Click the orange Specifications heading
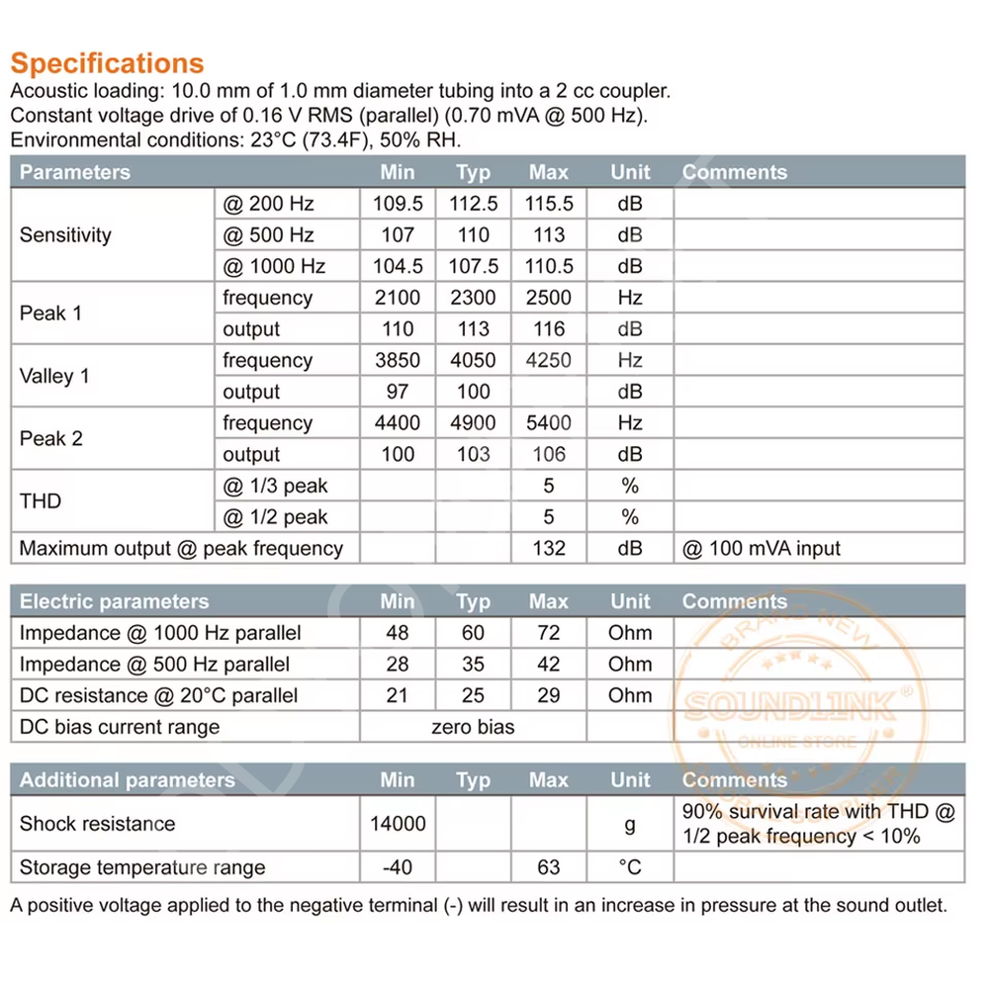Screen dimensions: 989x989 (x=107, y=63)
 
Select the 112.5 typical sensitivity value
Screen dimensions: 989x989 (x=474, y=204)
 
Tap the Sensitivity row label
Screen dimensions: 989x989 (x=65, y=235)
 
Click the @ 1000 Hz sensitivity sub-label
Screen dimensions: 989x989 (x=274, y=266)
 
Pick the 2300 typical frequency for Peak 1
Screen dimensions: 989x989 (x=474, y=298)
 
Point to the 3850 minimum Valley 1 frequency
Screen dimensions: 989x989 (x=398, y=361)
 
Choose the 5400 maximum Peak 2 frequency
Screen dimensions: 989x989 (x=549, y=423)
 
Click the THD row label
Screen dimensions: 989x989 (x=41, y=501)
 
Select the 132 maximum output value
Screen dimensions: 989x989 (x=549, y=549)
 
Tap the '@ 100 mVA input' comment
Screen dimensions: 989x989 (x=762, y=549)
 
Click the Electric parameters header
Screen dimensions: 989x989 (x=115, y=601)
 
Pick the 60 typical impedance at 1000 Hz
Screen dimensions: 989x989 (x=474, y=633)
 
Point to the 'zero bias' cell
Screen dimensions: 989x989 (x=473, y=727)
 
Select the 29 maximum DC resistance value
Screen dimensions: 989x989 (x=549, y=695)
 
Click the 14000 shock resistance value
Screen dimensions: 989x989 (x=398, y=824)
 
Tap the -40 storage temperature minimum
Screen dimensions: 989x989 (x=398, y=867)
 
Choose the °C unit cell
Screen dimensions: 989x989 (x=630, y=867)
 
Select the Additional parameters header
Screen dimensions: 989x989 (x=128, y=780)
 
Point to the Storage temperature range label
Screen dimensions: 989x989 (x=142, y=867)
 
